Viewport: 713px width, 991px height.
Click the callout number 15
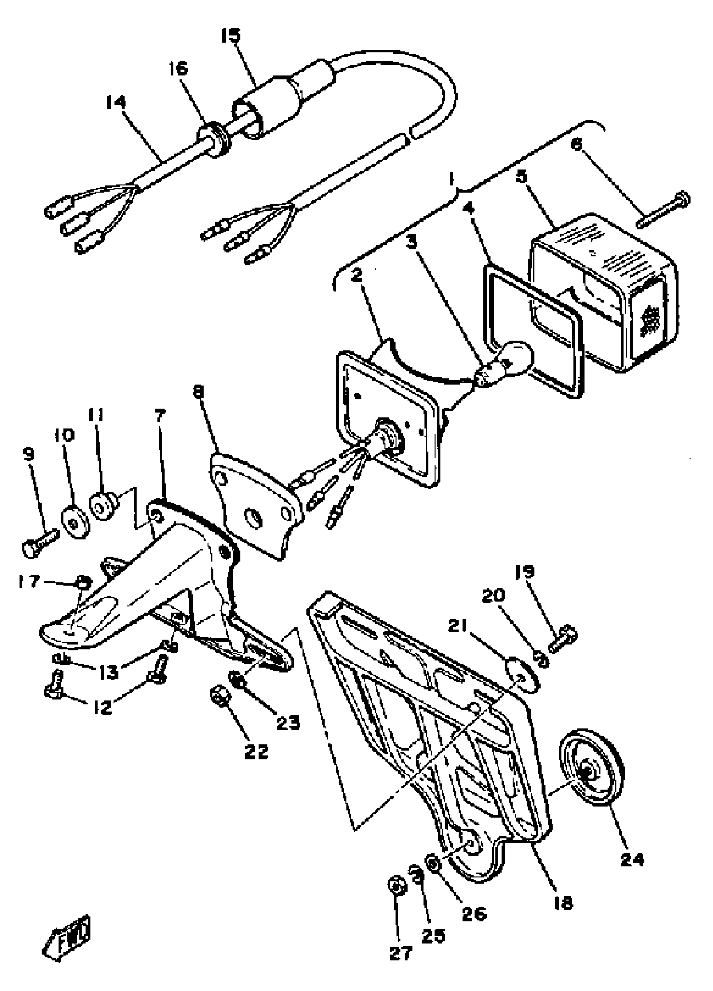[230, 36]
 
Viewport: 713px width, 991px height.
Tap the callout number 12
[103, 707]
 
